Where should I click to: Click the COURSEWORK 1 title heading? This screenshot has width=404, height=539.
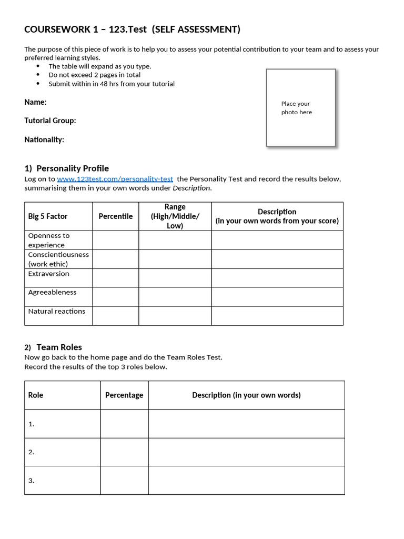point(132,29)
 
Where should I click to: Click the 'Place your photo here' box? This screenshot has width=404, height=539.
point(300,107)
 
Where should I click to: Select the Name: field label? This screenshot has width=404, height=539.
point(35,102)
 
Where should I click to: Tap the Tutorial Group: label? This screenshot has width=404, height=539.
point(50,121)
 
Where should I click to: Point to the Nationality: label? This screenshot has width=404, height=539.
point(44,139)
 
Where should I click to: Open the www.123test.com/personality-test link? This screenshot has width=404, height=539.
point(115,179)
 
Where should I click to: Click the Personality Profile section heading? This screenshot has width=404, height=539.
point(66,168)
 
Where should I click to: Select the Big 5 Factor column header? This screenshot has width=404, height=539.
point(48,216)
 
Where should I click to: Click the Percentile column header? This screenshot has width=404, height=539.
point(116,216)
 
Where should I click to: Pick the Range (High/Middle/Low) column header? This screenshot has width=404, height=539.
point(175,216)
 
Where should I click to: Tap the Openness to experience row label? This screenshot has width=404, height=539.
point(49,240)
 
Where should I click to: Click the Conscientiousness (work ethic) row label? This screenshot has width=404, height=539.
point(58,259)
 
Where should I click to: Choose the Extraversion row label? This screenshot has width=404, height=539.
point(48,274)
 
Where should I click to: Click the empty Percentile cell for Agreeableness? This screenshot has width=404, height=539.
point(116,296)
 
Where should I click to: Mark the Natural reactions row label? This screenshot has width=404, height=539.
point(56,311)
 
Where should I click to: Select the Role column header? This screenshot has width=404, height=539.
point(36,395)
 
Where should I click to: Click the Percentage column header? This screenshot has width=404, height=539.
point(124,395)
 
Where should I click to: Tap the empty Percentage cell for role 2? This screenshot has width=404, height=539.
point(124,452)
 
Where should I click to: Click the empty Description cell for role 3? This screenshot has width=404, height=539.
point(246,481)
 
